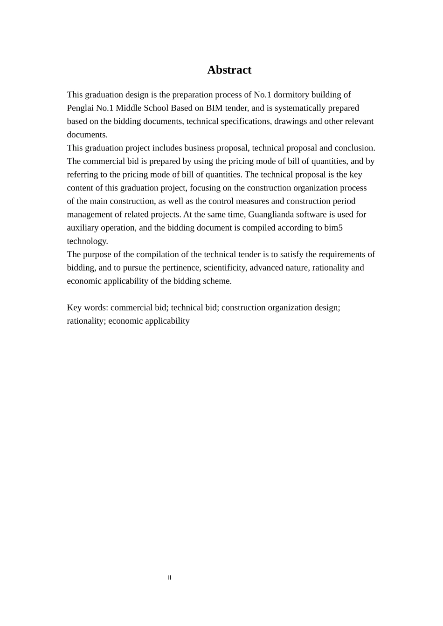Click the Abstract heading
pyautogui.click(x=229, y=70)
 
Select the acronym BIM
pyautogui.click(x=214, y=108)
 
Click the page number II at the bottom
pyautogui.click(x=170, y=578)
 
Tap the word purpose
pyautogui.click(x=97, y=254)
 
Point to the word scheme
pyautogui.click(x=218, y=281)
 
